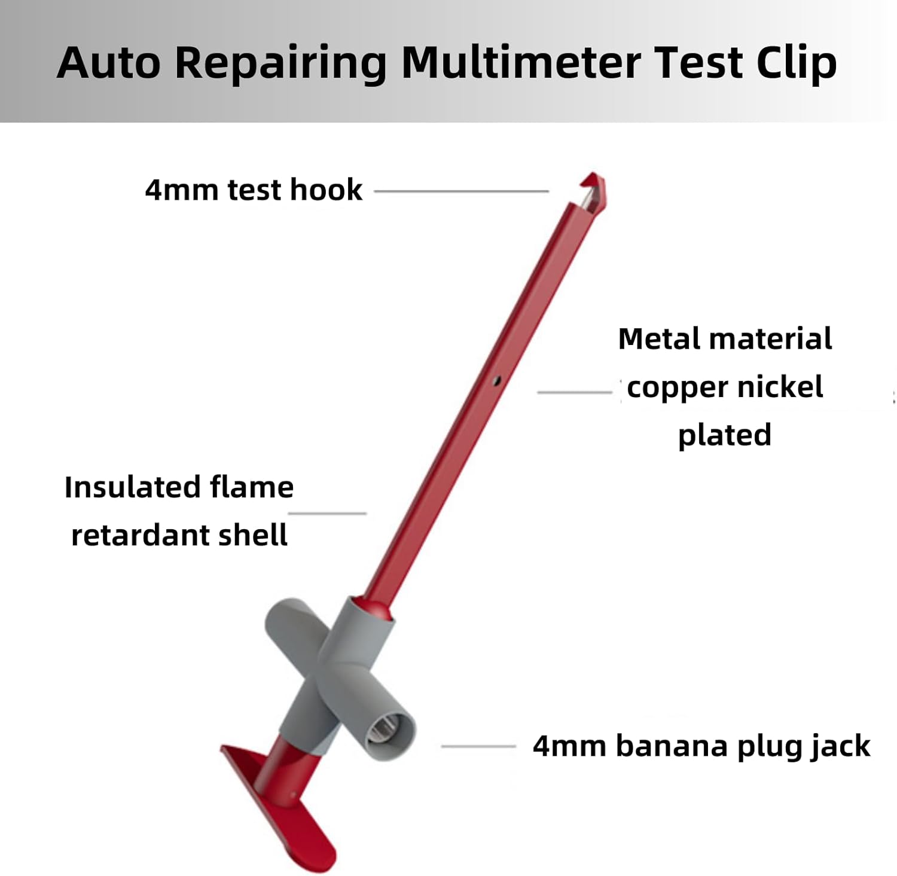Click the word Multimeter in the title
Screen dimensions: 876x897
click(520, 62)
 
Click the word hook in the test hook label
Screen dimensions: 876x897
click(326, 190)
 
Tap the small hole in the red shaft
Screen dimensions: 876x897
click(496, 380)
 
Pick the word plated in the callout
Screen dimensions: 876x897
click(724, 435)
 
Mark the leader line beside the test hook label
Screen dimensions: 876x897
click(461, 191)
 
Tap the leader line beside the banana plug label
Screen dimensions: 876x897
click(478, 746)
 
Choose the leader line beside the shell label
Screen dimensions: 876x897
click(327, 513)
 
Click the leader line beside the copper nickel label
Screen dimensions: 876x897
click(574, 392)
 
